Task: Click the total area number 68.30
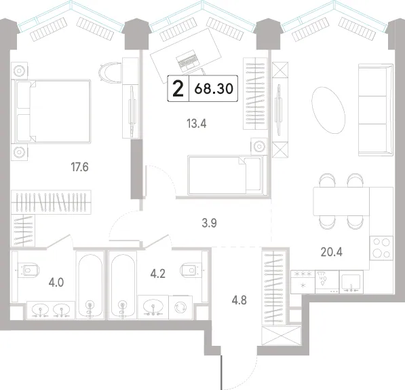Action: (x=214, y=88)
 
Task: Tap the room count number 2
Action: (x=178, y=88)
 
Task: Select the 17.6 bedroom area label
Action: (x=80, y=167)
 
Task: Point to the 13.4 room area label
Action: (x=197, y=124)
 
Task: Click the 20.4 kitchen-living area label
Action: (x=332, y=251)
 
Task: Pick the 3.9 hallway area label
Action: (x=209, y=223)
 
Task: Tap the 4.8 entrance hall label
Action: (x=239, y=300)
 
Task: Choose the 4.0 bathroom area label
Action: (x=56, y=283)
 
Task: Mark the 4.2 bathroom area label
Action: (x=158, y=274)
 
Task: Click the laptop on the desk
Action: (x=188, y=61)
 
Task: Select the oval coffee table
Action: (x=328, y=111)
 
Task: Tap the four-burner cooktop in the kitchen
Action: (x=381, y=248)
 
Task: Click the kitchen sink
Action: (x=351, y=282)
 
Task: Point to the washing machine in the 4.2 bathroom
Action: (x=180, y=307)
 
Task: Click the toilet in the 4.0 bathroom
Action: (x=28, y=270)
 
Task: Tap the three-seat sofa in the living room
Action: (x=376, y=110)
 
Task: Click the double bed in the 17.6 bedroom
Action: (x=53, y=111)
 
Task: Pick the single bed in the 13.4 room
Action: (x=227, y=175)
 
